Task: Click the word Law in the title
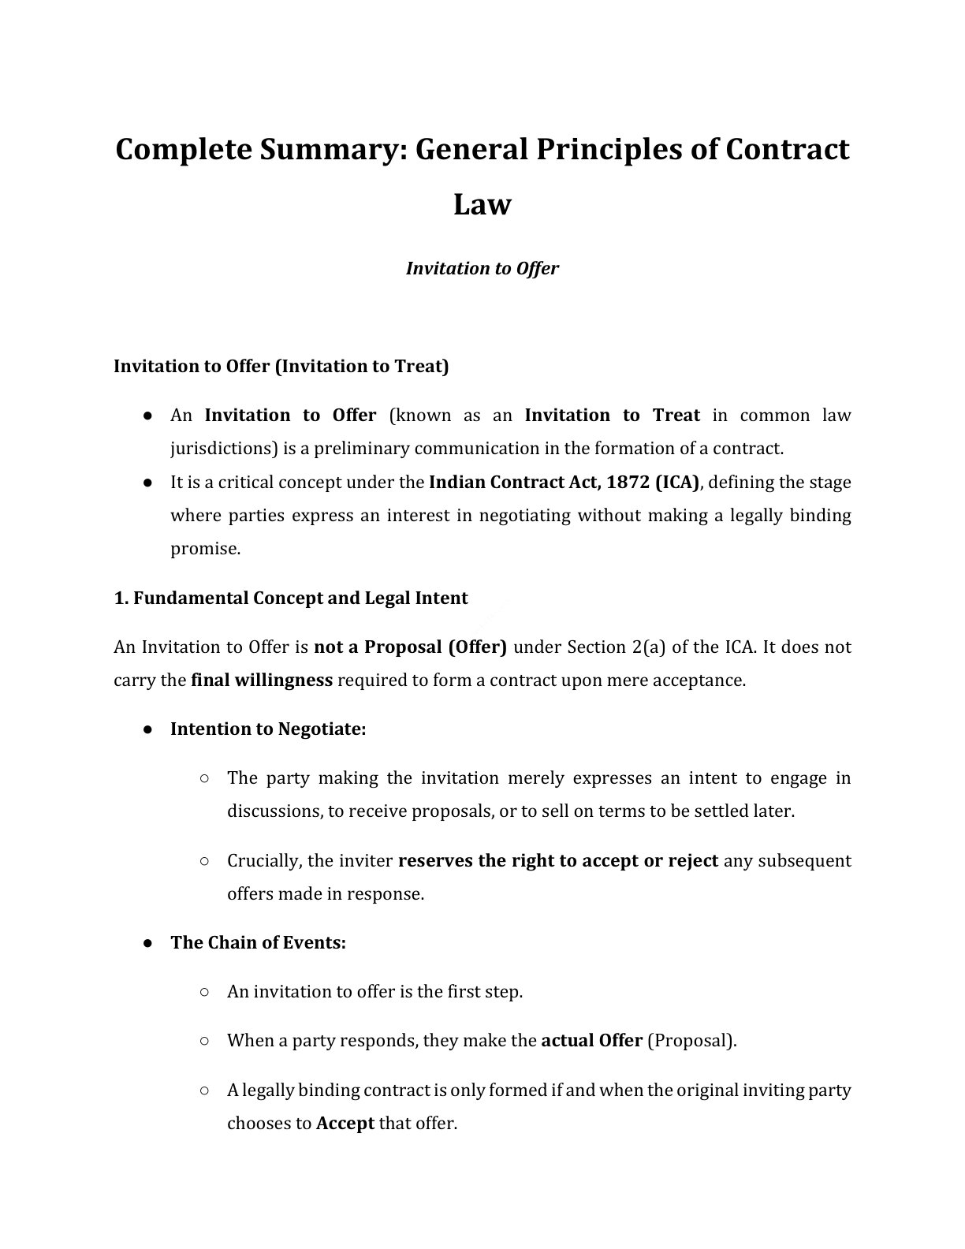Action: [482, 205]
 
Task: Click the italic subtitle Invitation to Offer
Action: [482, 269]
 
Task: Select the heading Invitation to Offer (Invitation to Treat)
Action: [281, 367]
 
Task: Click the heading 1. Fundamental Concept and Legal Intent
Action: [291, 598]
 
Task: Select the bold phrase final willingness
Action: [262, 680]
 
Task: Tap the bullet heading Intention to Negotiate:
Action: [268, 729]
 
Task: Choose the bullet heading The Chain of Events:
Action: [258, 943]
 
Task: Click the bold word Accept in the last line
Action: [345, 1124]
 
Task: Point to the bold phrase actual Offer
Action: [591, 1041]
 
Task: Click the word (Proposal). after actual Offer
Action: [692, 1041]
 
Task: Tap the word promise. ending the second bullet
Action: [205, 549]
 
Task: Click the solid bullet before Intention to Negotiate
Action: [147, 729]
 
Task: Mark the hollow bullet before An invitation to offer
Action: [204, 991]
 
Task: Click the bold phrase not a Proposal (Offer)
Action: [410, 647]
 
